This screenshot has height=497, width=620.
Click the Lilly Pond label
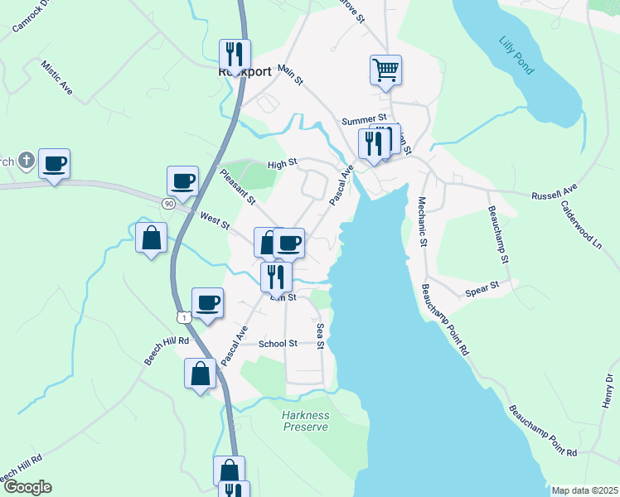click(517, 55)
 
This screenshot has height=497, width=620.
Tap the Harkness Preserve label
click(305, 421)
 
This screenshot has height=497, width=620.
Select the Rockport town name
click(245, 71)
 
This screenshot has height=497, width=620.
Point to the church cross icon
click(27, 160)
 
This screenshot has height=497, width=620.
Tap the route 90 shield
click(168, 203)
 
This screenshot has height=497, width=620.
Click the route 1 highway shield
click(183, 317)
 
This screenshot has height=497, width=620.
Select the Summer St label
click(365, 120)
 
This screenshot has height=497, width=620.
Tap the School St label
click(278, 344)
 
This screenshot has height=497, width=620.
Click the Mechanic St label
click(422, 221)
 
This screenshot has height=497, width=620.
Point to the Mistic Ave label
click(56, 80)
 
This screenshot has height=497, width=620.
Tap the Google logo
click(27, 487)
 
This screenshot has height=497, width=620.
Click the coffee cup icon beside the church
click(54, 163)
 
